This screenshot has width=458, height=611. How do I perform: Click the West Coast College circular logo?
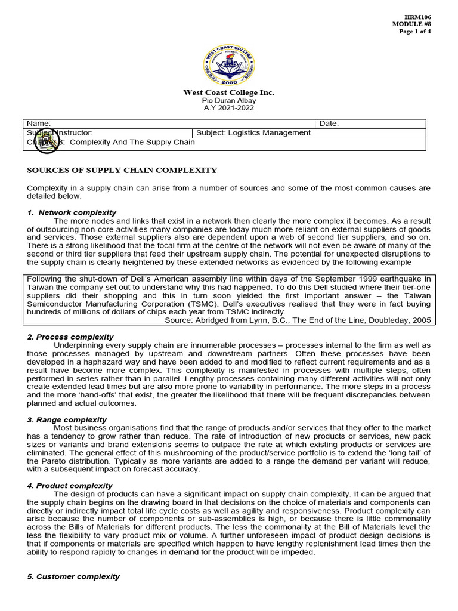click(x=228, y=64)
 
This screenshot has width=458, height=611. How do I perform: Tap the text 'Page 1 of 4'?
click(x=415, y=32)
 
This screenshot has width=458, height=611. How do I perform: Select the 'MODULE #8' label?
click(x=411, y=24)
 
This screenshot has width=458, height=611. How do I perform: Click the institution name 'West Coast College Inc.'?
click(x=228, y=93)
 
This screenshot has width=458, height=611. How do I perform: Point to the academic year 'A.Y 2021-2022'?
click(x=228, y=108)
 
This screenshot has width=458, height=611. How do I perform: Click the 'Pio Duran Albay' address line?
click(x=228, y=101)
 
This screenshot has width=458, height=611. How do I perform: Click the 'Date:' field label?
click(x=329, y=124)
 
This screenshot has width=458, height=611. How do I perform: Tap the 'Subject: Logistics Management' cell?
click(x=253, y=133)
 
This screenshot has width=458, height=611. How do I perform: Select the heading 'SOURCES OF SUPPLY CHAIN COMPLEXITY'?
click(x=122, y=171)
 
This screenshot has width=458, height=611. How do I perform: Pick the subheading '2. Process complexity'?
click(x=70, y=337)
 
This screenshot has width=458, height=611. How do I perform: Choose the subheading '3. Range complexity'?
click(x=67, y=420)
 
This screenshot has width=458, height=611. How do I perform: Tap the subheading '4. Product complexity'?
click(x=70, y=486)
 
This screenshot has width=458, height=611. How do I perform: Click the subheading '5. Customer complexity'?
click(x=73, y=577)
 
